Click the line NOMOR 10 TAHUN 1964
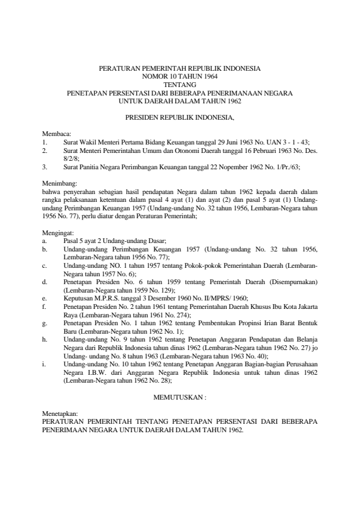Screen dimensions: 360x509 (180, 77)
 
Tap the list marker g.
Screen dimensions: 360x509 (45, 323)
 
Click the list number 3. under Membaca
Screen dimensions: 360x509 (45, 165)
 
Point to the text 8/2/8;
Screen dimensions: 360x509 (72, 157)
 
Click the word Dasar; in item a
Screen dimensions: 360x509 (154, 240)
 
